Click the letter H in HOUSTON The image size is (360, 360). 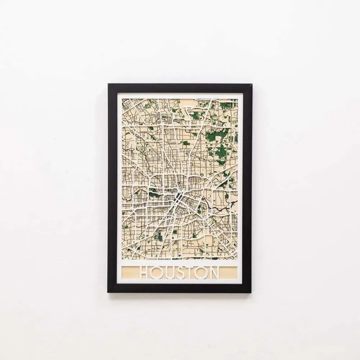[x=145, y=273]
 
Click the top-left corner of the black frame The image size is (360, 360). [x=109, y=85]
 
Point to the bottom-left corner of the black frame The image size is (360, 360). [x=108, y=292]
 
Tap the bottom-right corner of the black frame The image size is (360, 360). [x=251, y=292]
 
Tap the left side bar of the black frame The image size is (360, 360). [x=113, y=187]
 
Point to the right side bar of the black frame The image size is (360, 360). [x=247, y=187]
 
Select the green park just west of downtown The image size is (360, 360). [x=156, y=194]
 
